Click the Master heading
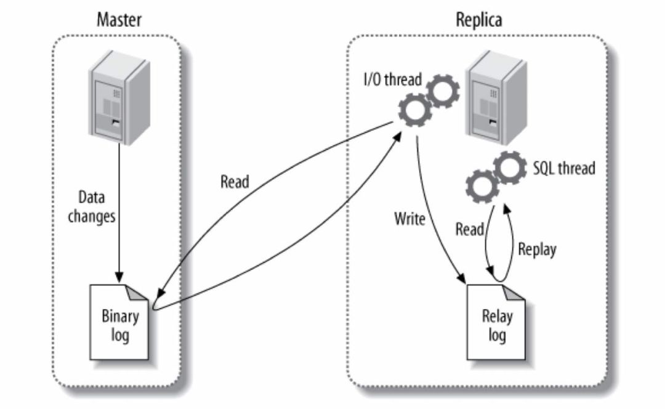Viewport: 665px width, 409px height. (119, 19)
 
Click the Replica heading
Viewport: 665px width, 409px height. (478, 19)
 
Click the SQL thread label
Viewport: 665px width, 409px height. (563, 168)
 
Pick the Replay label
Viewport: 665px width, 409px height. (537, 249)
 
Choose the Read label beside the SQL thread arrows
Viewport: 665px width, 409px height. (469, 229)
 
